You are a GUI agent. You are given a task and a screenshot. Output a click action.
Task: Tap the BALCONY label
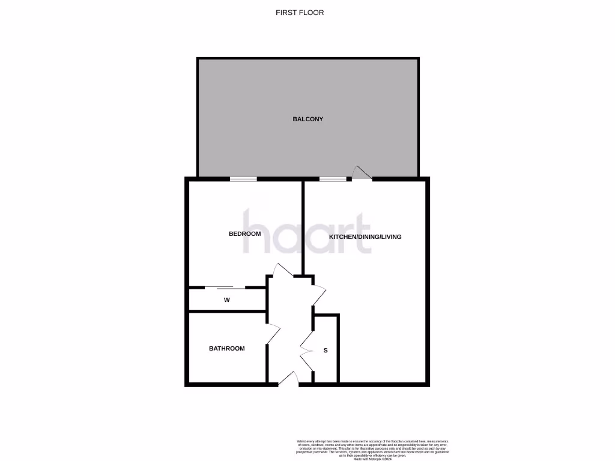[307, 119]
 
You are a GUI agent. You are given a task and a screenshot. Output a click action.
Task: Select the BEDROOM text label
[244, 234]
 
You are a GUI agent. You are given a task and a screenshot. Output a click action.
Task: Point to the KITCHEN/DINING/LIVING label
[365, 237]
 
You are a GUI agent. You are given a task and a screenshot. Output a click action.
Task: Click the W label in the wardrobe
[227, 300]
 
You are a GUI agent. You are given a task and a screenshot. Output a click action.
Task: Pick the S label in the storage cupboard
[326, 351]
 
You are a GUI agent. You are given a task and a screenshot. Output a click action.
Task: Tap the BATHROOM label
[226, 348]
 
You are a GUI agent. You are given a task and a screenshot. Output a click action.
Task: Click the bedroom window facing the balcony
[243, 178]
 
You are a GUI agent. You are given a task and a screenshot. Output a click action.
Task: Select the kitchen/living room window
[333, 178]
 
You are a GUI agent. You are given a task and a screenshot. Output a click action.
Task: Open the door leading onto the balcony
[362, 173]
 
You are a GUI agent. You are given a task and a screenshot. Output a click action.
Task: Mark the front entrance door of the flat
[289, 379]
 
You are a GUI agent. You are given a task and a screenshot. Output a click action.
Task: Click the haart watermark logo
[306, 231]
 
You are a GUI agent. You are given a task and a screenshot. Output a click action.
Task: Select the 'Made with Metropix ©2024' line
[372, 459]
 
